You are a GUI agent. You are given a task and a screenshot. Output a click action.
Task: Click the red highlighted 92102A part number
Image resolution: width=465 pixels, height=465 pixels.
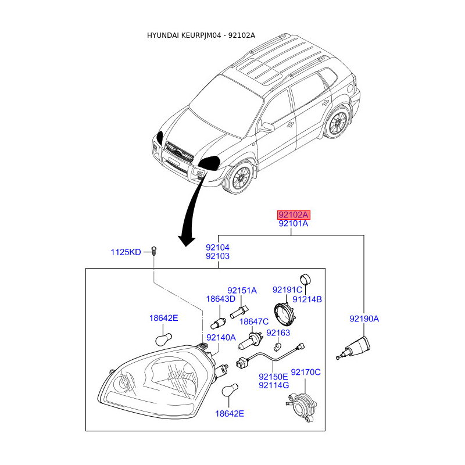pos(293,214)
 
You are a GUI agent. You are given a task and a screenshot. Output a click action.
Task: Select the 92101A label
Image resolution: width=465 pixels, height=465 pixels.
pos(293,223)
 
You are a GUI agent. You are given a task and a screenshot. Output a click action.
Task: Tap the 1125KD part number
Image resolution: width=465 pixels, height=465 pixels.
pos(126,252)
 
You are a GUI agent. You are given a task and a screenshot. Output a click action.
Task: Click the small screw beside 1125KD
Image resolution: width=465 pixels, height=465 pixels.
pos(153,251)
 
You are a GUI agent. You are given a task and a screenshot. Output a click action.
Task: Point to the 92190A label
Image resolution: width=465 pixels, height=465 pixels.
pos(364,319)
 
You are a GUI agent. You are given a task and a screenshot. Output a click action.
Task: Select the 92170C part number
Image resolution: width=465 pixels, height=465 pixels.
pos(306,372)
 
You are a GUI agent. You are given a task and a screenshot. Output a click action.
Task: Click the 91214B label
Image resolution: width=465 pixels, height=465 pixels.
pos(307,299)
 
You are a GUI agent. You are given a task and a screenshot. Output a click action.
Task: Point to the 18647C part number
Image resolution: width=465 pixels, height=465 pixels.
pos(254,321)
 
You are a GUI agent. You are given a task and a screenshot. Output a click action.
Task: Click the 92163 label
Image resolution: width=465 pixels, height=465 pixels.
pos(278,332)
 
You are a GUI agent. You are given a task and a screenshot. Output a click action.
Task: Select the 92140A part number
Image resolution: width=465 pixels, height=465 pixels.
pos(221,337)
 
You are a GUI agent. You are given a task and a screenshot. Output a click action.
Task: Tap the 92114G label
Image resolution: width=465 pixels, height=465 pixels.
pos(274,385)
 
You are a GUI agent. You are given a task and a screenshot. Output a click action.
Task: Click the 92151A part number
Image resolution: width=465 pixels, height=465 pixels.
pos(242,291)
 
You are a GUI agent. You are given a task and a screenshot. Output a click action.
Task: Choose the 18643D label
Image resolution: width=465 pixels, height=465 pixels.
pos(221,299)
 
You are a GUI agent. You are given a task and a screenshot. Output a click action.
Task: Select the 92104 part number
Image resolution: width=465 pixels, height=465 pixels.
pos(217,247)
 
